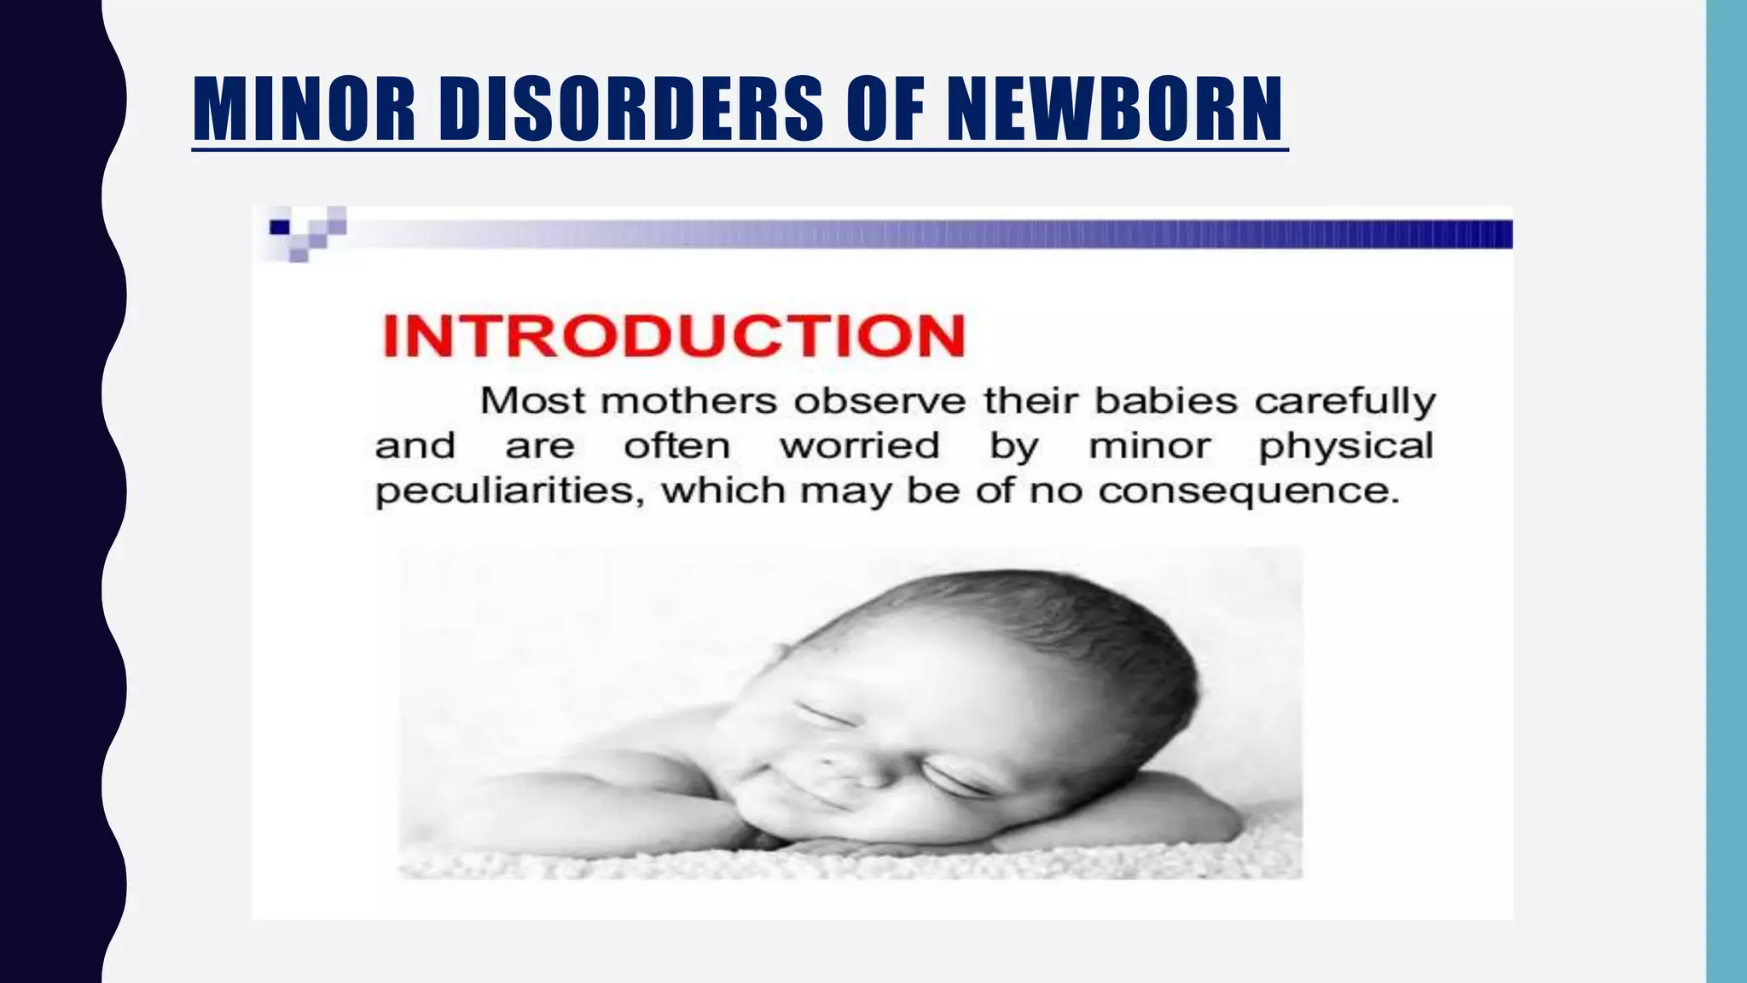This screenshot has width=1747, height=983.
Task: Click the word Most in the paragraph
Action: click(532, 400)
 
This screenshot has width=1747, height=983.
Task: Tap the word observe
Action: click(880, 400)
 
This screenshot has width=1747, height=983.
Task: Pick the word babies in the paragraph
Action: click(1165, 400)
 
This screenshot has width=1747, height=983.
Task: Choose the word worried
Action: click(860, 445)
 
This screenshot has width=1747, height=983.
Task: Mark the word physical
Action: click(1345, 447)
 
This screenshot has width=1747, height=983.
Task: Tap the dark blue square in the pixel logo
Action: click(280, 227)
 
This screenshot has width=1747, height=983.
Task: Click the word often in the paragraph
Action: click(676, 445)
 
